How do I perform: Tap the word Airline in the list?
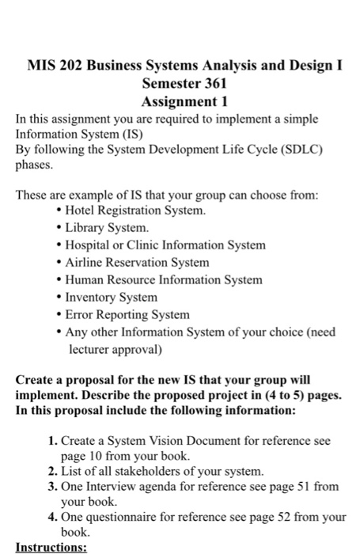[x=86, y=263]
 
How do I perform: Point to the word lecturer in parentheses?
[x=88, y=348]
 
